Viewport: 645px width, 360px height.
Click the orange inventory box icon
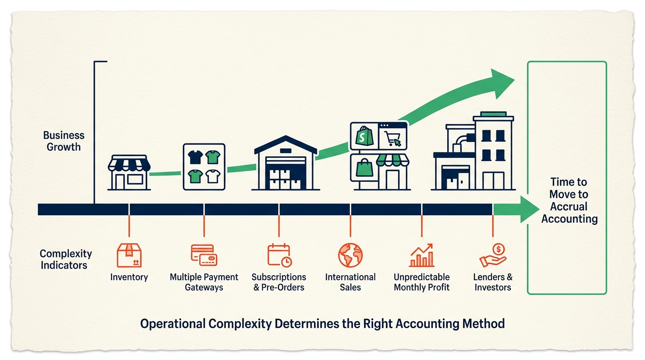[x=129, y=255]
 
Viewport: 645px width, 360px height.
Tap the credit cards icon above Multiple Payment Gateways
[x=204, y=255]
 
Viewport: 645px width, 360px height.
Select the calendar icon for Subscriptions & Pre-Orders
[x=279, y=255]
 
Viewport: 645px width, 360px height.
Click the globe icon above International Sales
[x=350, y=255]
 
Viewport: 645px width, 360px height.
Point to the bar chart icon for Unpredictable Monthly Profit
[x=422, y=255]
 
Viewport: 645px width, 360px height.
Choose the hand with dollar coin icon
[x=493, y=255]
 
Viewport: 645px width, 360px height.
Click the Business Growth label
[x=64, y=141]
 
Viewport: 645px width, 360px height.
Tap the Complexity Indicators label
[x=66, y=259]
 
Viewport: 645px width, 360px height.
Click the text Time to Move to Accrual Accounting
[x=569, y=201]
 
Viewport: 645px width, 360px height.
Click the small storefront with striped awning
[x=129, y=172]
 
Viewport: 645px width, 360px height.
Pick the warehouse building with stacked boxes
[x=285, y=163]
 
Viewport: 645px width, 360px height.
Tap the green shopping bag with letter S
[x=364, y=136]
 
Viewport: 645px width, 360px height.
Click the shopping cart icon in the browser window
[x=393, y=139]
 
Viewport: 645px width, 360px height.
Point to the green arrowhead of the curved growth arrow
[x=502, y=84]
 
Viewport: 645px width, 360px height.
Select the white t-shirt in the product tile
[x=213, y=176]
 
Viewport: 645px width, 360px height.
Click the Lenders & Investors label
[x=493, y=282]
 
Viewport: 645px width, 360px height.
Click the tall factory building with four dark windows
[x=493, y=151]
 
